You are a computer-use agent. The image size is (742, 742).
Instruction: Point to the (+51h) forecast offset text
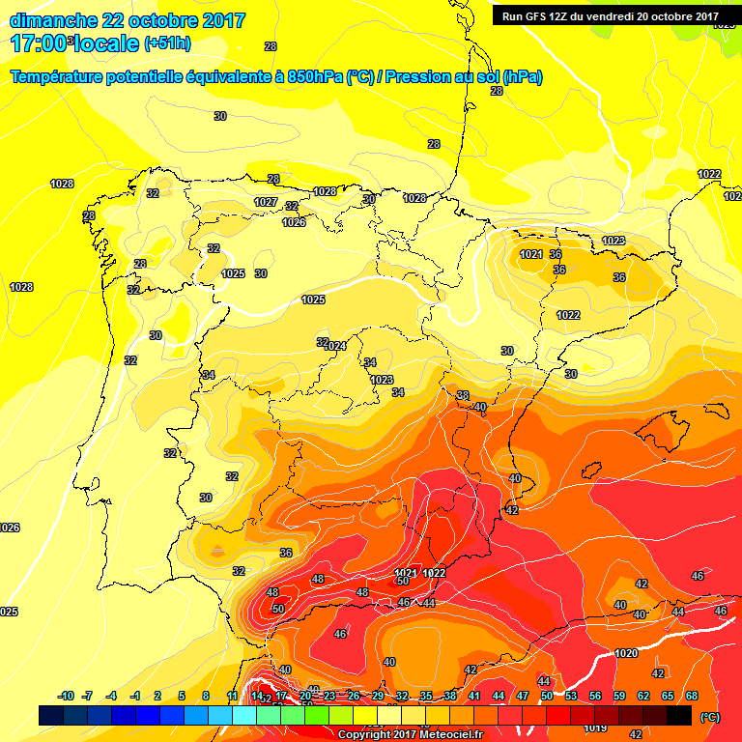click(168, 43)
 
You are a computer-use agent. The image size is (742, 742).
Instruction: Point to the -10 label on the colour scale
click(66, 696)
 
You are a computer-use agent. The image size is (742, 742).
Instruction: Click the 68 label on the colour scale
click(693, 696)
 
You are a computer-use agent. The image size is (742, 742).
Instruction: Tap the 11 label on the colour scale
click(232, 696)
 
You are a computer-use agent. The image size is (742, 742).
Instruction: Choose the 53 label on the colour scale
click(571, 696)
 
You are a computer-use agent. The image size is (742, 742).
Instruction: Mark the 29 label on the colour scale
click(377, 696)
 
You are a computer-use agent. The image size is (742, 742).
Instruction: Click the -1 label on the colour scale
click(135, 696)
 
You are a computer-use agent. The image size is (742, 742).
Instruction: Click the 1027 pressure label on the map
click(266, 202)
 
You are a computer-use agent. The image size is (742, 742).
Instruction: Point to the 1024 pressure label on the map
click(334, 346)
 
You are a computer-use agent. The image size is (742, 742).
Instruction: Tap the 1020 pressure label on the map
click(625, 653)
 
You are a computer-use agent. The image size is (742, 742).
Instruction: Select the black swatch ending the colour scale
click(679, 716)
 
